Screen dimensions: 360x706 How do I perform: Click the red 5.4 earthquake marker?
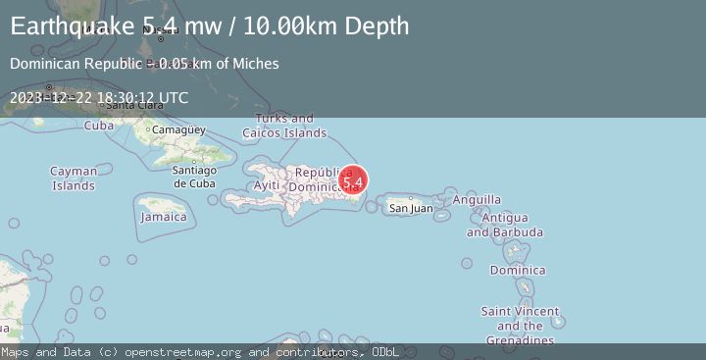click(x=353, y=181)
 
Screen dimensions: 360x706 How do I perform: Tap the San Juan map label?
click(x=411, y=208)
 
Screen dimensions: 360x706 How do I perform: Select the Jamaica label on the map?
click(x=164, y=217)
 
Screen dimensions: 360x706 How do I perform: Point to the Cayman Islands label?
click(x=74, y=179)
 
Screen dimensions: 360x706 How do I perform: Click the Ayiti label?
click(x=267, y=185)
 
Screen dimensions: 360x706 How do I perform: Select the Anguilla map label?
click(x=477, y=200)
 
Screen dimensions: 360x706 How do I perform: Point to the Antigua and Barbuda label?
click(x=505, y=225)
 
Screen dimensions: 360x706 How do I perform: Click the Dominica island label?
click(x=518, y=270)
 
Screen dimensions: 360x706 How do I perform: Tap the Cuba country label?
click(x=99, y=126)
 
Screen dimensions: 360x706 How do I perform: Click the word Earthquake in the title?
click(x=66, y=26)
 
